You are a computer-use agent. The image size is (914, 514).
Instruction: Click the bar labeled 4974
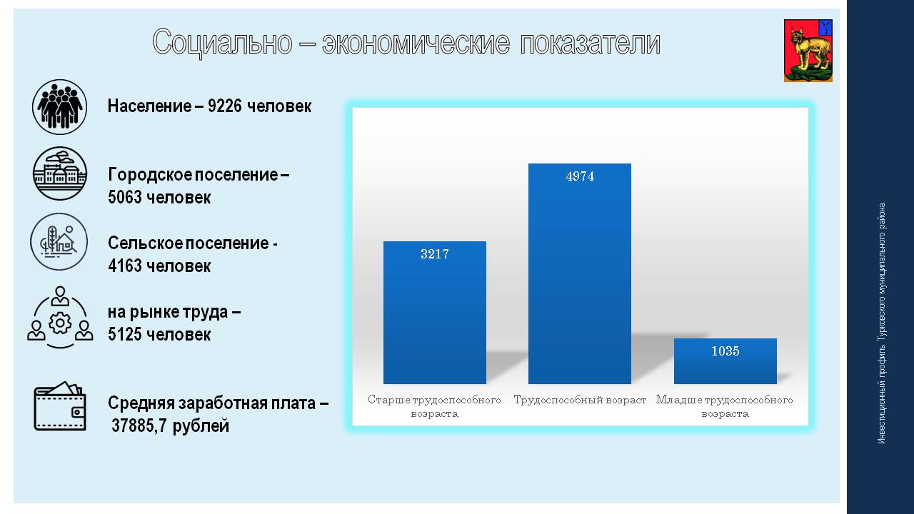[x=579, y=273]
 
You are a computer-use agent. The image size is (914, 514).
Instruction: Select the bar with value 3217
[x=435, y=313]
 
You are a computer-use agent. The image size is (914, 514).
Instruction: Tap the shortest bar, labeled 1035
[x=725, y=361]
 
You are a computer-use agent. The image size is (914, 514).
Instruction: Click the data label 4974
[x=580, y=176]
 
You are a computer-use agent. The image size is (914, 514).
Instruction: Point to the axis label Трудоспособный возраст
[x=580, y=400]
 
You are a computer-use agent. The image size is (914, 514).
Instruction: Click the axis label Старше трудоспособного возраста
[x=434, y=406]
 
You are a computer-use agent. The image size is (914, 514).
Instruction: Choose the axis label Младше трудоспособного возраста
[x=725, y=406]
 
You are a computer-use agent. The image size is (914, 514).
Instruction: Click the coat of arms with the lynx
[x=808, y=51]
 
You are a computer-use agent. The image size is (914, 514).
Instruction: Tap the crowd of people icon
[x=59, y=107]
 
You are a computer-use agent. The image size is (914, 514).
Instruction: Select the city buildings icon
[x=59, y=173]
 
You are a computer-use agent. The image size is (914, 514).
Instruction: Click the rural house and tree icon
[x=59, y=241]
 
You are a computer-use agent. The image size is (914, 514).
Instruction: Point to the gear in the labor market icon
[x=60, y=323]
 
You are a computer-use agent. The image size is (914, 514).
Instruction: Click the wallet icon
[x=60, y=406]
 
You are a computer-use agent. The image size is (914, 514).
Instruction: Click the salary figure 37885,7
[x=139, y=426]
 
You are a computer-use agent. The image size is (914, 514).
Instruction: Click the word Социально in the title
[x=222, y=42]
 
